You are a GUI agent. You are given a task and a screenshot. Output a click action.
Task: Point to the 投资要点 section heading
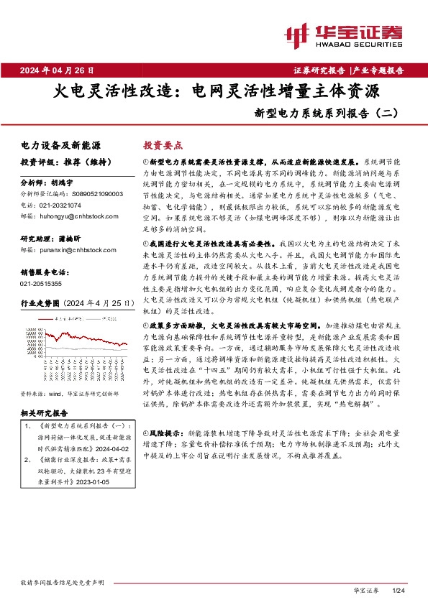pyautogui.click(x=163, y=144)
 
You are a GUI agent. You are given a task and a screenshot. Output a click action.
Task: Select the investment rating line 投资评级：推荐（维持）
pyautogui.click(x=59, y=162)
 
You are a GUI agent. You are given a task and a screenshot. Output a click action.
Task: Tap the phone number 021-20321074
pyautogui.click(x=62, y=204)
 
